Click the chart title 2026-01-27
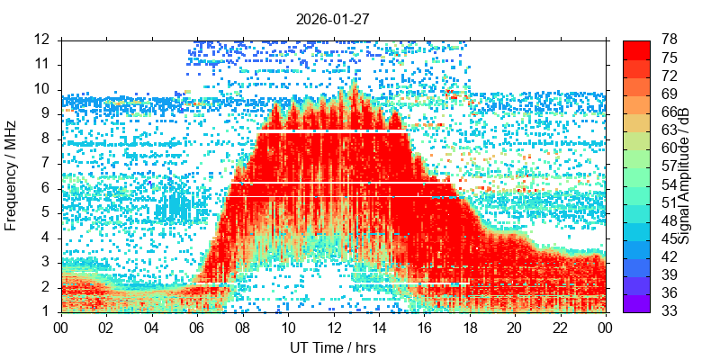[333, 17]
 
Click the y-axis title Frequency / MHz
[12, 175]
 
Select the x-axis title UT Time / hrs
[333, 347]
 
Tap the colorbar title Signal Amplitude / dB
[684, 175]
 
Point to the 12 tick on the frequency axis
[41, 40]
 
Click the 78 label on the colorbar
[670, 40]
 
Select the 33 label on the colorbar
[670, 311]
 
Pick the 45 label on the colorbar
[670, 239]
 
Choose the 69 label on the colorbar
[670, 94]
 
